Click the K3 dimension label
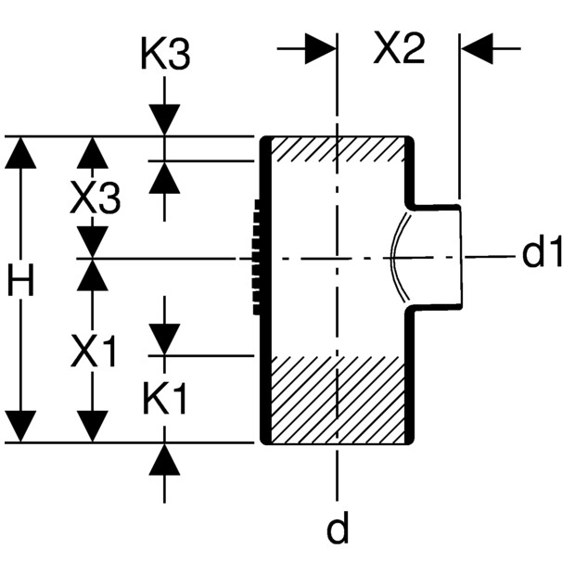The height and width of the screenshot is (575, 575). coord(166,55)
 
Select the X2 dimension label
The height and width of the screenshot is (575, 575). coord(399,48)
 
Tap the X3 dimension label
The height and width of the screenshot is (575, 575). coord(95,198)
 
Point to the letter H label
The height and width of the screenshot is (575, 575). coord(21,280)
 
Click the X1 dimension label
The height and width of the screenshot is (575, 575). coord(94,351)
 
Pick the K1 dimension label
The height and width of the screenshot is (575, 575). coord(165,399)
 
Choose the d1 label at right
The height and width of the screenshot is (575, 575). coord(542,252)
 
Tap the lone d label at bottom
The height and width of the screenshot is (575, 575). coord(338,527)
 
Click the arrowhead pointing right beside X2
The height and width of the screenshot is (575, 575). coord(321,48)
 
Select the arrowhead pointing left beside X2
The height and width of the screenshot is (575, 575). coord(477,48)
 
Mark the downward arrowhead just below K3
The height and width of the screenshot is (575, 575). coord(164,120)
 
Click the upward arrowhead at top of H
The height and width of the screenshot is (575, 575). coord(20,152)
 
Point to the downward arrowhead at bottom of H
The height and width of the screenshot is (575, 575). coord(20,427)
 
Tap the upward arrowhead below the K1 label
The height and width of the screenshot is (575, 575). coord(164,459)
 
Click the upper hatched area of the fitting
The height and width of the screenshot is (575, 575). coord(338,149)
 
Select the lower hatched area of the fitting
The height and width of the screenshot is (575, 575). coord(338,400)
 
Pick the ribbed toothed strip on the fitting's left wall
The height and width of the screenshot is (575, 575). coord(256,257)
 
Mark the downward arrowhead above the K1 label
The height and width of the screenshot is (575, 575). coord(164,339)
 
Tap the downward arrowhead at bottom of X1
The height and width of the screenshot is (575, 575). coord(93,427)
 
